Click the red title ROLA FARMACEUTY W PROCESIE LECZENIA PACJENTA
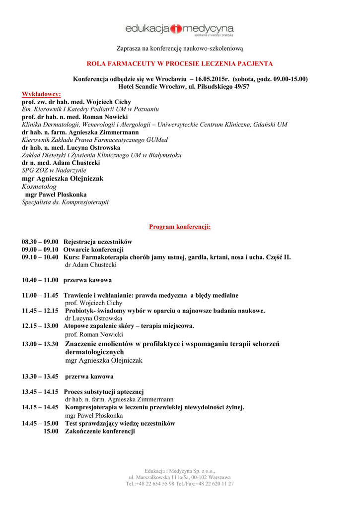(180, 64)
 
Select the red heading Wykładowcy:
(41, 94)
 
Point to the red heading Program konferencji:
(180, 227)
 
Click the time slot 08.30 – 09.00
(40, 242)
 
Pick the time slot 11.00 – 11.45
(40, 295)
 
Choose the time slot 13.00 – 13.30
(40, 343)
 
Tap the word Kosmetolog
(39, 187)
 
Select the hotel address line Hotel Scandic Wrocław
(183, 86)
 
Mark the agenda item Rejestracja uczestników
(97, 242)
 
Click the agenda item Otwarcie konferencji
(93, 250)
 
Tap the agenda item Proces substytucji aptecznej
(104, 391)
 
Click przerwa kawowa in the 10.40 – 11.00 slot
(87, 280)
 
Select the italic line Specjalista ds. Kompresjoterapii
(65, 202)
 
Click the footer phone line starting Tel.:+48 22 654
(180, 483)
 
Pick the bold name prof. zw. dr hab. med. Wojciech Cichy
(76, 102)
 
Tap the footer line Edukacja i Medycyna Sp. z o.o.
(180, 470)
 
